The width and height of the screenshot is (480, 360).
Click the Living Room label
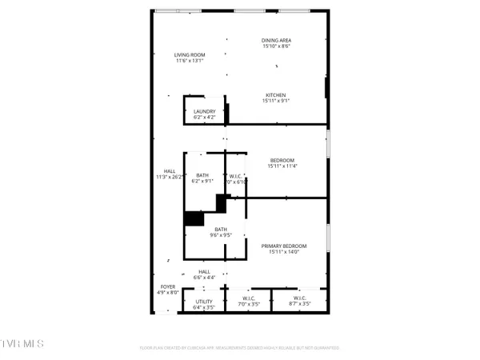click(x=190, y=54)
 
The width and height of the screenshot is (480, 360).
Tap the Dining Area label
click(x=275, y=40)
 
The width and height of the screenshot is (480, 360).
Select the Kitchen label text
click(x=275, y=94)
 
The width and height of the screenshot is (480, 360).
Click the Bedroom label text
click(x=282, y=160)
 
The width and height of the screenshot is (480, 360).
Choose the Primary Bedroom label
click(x=284, y=246)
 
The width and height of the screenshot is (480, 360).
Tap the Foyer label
click(x=168, y=286)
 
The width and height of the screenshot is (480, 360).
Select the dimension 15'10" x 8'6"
click(x=275, y=46)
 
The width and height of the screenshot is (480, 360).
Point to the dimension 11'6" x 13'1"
click(x=190, y=61)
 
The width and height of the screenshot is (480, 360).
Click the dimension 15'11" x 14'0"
click(x=284, y=252)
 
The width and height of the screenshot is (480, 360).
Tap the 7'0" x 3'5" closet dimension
click(x=248, y=305)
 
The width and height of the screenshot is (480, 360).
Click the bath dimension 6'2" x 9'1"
click(x=202, y=182)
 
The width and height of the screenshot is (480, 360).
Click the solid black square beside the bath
click(x=194, y=218)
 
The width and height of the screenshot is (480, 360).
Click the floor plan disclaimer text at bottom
click(x=240, y=348)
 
